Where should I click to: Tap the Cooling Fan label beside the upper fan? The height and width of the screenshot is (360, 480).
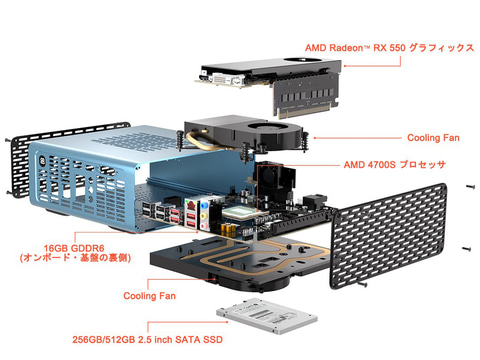[433, 138]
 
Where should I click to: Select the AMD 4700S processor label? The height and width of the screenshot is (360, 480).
[395, 165]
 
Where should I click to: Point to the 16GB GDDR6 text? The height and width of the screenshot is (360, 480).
[74, 248]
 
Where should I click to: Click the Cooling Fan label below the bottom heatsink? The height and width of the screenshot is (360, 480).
[149, 296]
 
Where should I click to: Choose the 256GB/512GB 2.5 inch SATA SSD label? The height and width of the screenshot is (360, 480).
[148, 340]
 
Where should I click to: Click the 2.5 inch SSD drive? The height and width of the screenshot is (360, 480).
[267, 315]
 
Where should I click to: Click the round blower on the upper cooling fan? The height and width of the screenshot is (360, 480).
[267, 128]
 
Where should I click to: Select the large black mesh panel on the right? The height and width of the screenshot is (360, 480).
[388, 236]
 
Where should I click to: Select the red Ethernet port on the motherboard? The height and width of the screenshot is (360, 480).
[190, 204]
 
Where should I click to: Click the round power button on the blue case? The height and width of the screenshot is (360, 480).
[43, 159]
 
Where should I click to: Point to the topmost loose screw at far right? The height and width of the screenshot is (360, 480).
[470, 187]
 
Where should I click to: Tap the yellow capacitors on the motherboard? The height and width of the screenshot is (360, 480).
[229, 228]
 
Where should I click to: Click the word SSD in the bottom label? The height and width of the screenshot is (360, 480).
[212, 340]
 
